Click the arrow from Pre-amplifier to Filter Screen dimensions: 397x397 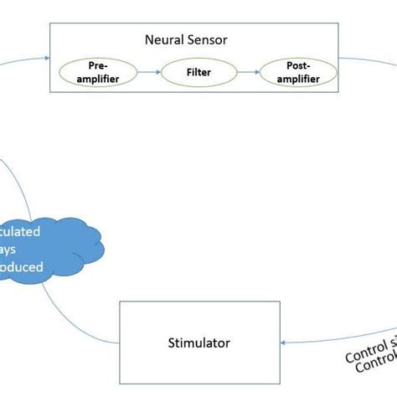[x=148, y=72]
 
